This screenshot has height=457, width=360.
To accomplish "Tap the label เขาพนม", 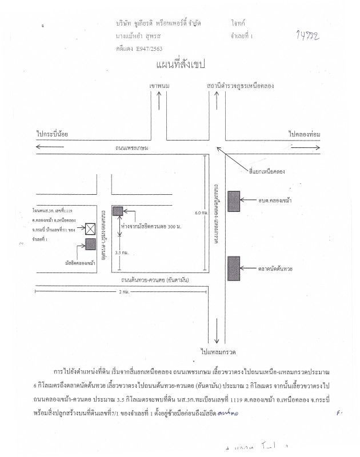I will pos(159,86).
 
